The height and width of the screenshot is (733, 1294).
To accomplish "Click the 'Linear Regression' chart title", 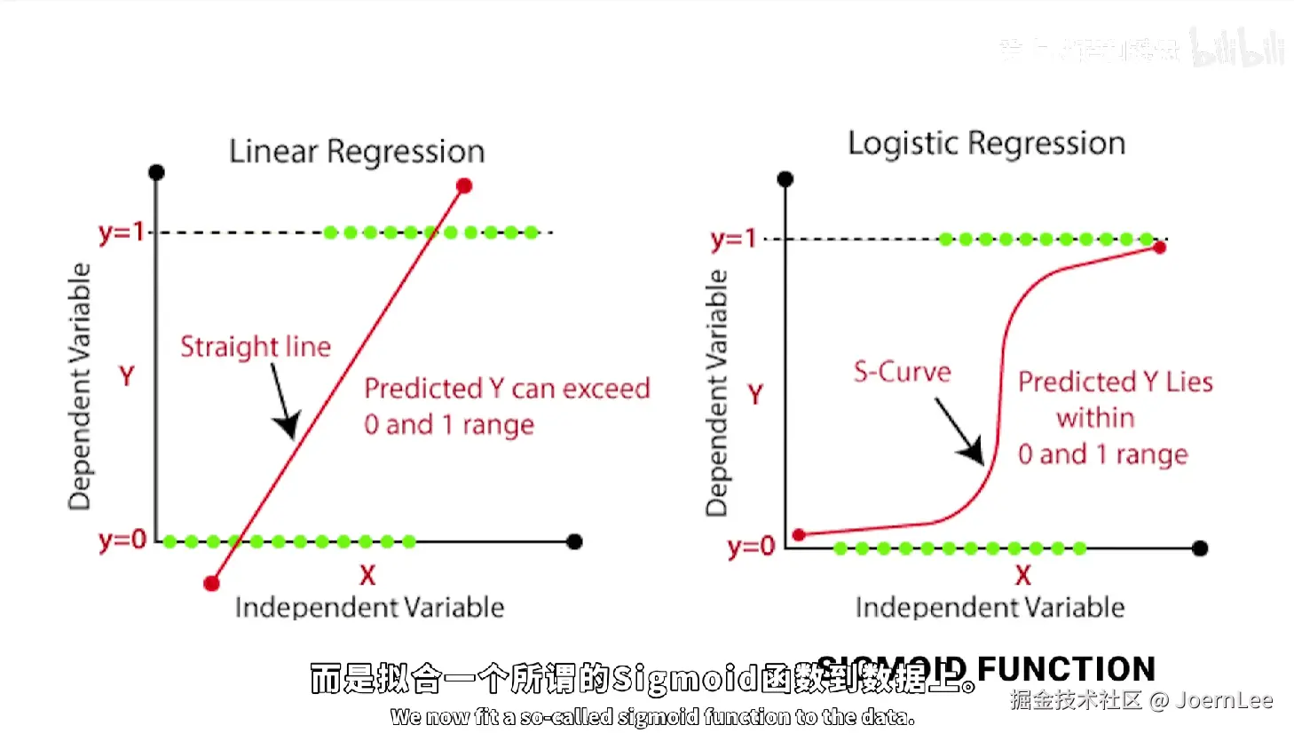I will point(357,152).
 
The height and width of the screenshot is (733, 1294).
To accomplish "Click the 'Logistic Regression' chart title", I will point(986,144).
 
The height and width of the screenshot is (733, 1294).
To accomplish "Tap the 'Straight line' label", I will point(256,346).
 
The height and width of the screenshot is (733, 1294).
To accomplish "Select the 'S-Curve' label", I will point(902,372).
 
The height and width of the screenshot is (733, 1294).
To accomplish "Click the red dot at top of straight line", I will point(464,185).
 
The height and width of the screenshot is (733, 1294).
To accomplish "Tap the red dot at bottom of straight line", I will point(211,583).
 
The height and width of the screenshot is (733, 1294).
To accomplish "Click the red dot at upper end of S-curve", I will point(1159,248).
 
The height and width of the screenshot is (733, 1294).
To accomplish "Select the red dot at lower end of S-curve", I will point(799,535).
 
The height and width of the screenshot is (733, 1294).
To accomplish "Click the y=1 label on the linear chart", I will point(122,233).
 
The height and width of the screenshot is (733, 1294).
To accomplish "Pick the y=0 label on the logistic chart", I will point(751,547).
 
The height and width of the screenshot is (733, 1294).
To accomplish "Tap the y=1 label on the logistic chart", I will point(733,240).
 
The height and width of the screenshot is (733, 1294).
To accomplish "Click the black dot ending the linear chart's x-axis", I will point(574,541).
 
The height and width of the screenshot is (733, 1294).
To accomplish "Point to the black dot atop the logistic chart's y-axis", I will point(785,179).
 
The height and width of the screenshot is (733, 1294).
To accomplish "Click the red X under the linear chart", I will point(367,576).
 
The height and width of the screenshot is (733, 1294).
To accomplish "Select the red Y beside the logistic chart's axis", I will point(755,394).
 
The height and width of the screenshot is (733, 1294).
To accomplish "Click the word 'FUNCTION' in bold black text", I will point(1066,669).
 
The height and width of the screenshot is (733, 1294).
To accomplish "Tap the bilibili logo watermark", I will point(1237,49).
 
